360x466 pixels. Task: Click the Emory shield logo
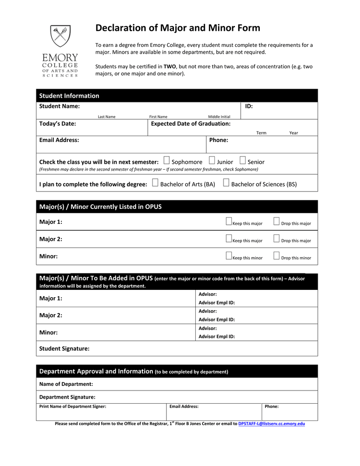click(61, 36)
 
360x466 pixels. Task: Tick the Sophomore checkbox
click(167, 160)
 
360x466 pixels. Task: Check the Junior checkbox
click(212, 160)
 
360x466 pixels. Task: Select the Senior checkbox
click(243, 160)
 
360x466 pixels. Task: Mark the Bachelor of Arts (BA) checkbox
click(155, 183)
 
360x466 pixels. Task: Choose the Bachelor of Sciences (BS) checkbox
click(226, 183)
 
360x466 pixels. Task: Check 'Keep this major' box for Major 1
click(229, 222)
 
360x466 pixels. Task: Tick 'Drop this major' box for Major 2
click(276, 239)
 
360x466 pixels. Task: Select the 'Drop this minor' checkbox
click(276, 256)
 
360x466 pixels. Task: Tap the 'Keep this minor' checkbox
click(229, 256)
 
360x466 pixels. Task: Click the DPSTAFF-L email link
click(272, 424)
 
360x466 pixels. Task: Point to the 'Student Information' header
click(69, 96)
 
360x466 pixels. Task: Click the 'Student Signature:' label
click(64, 349)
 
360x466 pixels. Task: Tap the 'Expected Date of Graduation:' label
click(191, 124)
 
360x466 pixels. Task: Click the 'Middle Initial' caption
click(219, 117)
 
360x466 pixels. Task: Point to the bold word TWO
click(170, 66)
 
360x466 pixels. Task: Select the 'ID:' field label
click(249, 106)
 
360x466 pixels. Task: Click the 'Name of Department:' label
click(66, 384)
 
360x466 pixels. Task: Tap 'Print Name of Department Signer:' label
click(73, 406)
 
